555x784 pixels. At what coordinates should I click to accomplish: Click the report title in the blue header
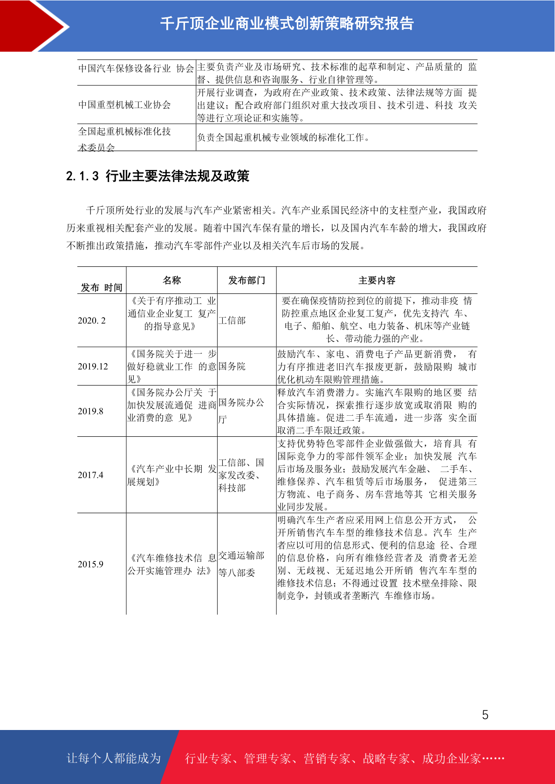click(287, 24)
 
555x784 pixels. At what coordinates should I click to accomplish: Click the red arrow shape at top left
click(28, 26)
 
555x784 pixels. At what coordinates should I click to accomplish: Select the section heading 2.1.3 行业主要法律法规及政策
click(158, 176)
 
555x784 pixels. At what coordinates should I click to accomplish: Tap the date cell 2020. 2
click(92, 320)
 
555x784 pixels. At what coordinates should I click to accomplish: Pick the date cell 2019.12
click(93, 366)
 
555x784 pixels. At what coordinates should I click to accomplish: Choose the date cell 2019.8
click(90, 411)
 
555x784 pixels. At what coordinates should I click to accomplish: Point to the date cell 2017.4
click(90, 475)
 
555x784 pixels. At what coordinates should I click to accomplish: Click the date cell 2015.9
click(90, 564)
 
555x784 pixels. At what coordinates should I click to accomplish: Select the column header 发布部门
click(247, 280)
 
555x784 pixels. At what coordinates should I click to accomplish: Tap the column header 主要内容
click(377, 280)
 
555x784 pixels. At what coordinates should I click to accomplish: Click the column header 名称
click(171, 280)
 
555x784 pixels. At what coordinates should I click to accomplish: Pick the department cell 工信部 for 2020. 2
click(232, 320)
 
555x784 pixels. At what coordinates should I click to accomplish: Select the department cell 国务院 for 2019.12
click(232, 366)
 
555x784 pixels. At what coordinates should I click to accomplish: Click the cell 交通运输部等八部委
click(241, 564)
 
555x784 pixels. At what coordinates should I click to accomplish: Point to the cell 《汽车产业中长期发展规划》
click(171, 475)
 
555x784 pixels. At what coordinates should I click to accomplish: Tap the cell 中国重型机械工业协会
click(124, 105)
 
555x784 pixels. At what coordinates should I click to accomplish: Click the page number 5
click(485, 715)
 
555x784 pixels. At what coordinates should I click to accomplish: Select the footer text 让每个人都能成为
click(114, 758)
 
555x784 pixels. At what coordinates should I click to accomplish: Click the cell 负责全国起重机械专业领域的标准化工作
click(283, 137)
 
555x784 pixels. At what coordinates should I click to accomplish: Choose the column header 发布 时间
click(102, 287)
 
